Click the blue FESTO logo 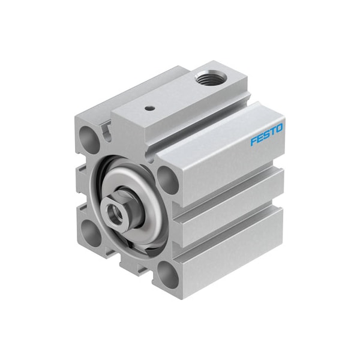[267, 134]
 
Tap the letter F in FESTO [254, 142]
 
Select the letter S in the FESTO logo [267, 134]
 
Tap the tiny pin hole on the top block [148, 109]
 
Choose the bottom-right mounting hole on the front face [169, 275]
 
